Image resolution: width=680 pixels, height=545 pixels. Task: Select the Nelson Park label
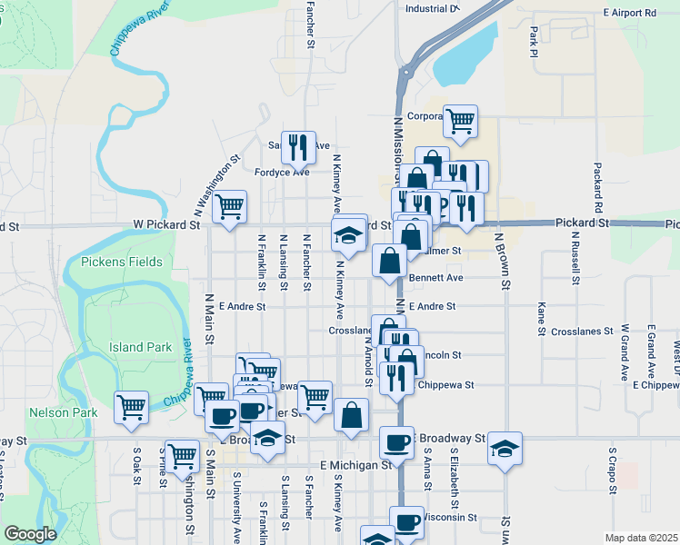point(75,412)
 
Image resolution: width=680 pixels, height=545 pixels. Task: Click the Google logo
point(30,534)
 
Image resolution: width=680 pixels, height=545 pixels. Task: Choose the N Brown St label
point(499,260)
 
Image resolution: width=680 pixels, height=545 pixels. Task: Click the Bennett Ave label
point(436,277)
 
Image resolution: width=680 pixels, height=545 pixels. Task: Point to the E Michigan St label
point(355,464)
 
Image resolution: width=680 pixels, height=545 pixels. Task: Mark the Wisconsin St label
point(451,517)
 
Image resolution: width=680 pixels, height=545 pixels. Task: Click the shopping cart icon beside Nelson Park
point(132,406)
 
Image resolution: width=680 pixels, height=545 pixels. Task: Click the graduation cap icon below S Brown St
point(505,448)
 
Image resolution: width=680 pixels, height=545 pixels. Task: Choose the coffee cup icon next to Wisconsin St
point(407,521)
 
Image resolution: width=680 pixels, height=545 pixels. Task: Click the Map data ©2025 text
point(641,538)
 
